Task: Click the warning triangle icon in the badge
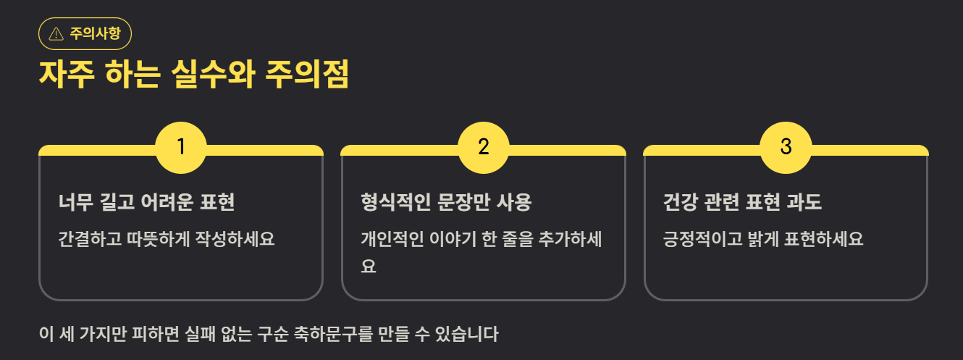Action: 56,33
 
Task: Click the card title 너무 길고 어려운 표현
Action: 146,202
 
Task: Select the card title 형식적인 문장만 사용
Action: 446,202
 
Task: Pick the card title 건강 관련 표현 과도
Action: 743,202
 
